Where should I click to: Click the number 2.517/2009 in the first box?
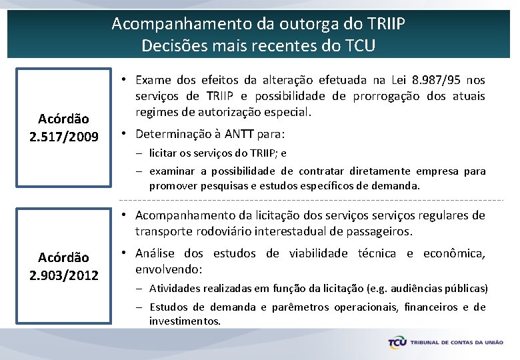(x=64, y=137)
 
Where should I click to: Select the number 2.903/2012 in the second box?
(x=64, y=275)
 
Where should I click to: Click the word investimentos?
(x=184, y=321)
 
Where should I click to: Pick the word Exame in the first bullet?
(x=157, y=80)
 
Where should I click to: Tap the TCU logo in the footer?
(x=399, y=342)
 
